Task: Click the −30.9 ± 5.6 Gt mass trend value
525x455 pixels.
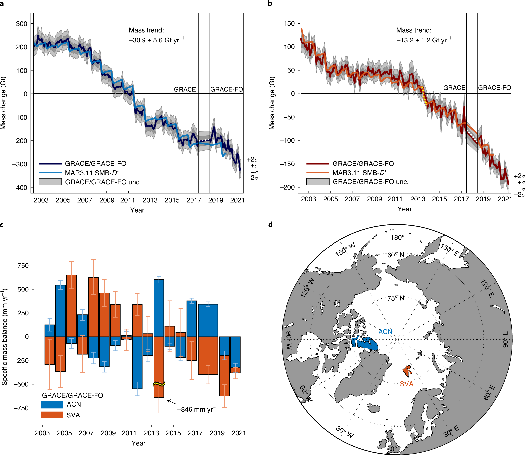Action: pyautogui.click(x=156, y=40)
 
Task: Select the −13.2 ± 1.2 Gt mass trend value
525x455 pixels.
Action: pyautogui.click(x=424, y=40)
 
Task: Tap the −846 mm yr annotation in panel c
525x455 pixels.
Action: pyautogui.click(x=197, y=409)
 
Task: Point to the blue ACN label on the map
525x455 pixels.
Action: pyautogui.click(x=385, y=331)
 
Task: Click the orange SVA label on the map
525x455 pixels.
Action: pyautogui.click(x=406, y=384)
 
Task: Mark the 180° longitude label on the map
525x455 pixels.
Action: pyautogui.click(x=397, y=237)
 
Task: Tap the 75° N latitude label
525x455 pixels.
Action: pyautogui.click(x=396, y=298)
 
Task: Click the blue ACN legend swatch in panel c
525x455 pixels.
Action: pyautogui.click(x=51, y=405)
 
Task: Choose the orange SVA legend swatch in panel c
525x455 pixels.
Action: pyautogui.click(x=51, y=415)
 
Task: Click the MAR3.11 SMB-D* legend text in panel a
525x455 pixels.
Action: pyautogui.click(x=92, y=173)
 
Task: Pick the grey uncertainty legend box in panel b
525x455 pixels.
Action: pyautogui.click(x=318, y=182)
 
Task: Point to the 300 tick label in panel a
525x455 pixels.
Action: pyautogui.click(x=22, y=24)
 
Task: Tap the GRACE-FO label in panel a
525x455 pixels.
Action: pyautogui.click(x=226, y=89)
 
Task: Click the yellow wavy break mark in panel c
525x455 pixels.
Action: pyautogui.click(x=159, y=384)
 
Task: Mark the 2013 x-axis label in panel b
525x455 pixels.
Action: pyautogui.click(x=418, y=199)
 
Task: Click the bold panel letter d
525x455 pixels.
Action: pyautogui.click(x=270, y=225)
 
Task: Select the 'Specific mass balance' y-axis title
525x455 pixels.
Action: pyautogui.click(x=4, y=336)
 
